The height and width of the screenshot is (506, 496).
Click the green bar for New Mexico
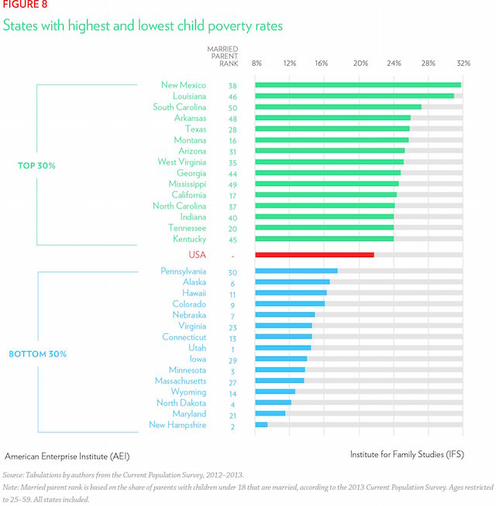tap(357, 85)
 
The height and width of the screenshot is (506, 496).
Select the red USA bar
tap(314, 255)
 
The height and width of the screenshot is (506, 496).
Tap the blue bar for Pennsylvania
tap(296, 271)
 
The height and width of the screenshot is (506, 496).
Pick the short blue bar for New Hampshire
tap(261, 425)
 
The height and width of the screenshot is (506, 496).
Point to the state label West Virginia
tap(181, 162)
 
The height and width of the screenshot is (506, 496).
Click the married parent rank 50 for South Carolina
tap(232, 108)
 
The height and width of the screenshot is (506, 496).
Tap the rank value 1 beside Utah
tap(232, 349)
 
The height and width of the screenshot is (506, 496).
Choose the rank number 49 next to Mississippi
tap(232, 184)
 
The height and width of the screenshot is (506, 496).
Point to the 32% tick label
tap(463, 63)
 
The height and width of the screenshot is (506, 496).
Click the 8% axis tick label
tap(257, 63)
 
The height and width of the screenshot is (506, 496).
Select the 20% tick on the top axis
tap(360, 63)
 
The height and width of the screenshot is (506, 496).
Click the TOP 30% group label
tap(36, 166)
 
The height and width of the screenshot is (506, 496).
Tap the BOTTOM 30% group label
tap(38, 354)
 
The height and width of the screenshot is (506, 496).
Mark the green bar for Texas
tap(332, 129)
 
